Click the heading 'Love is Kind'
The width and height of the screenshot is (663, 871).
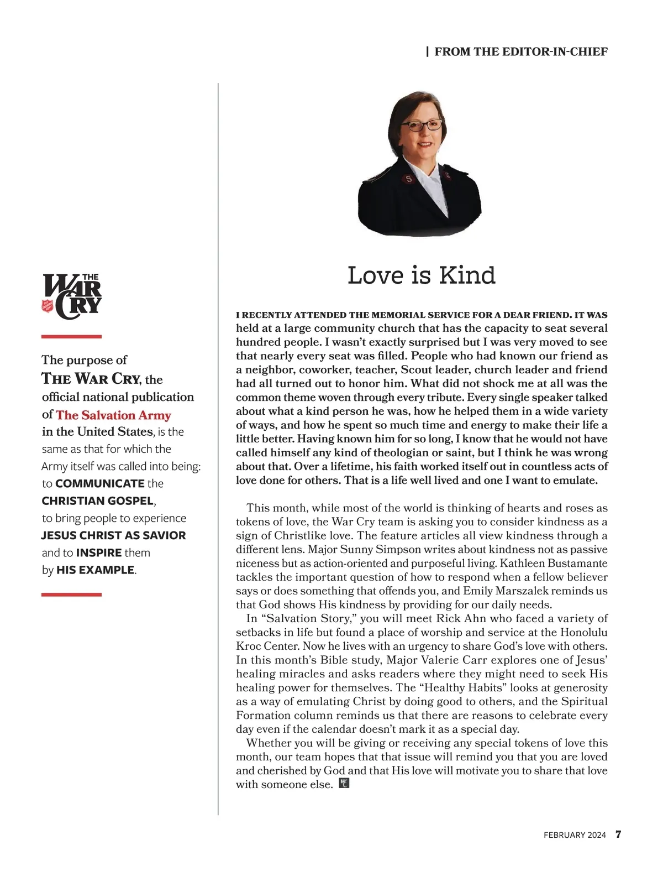pos(421,275)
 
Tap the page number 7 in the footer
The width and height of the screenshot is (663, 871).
pos(619,835)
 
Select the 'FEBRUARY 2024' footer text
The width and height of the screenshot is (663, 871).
pos(575,835)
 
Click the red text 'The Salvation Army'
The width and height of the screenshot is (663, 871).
pos(113,415)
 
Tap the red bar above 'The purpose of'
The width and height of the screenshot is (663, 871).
pos(72,336)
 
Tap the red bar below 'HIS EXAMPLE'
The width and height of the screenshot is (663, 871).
pos(72,594)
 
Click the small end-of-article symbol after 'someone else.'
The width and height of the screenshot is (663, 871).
pos(344,783)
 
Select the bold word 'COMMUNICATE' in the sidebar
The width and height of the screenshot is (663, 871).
pos(100,483)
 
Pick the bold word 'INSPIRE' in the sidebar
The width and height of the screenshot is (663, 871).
pos(99,552)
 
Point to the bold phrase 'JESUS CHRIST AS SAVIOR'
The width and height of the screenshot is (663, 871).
pos(113,535)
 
